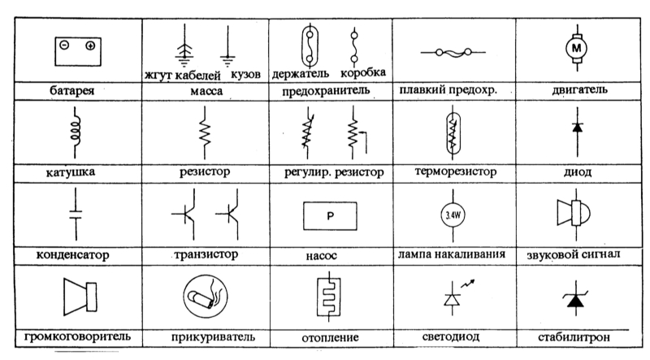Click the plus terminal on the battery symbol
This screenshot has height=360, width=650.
(x=90, y=46)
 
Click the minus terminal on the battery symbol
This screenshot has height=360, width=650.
(x=64, y=45)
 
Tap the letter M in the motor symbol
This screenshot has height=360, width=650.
(x=577, y=48)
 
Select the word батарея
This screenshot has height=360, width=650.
(x=71, y=90)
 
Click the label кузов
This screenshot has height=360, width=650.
(x=245, y=74)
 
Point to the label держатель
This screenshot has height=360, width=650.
(x=300, y=74)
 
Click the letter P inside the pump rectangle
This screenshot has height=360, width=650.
(x=331, y=215)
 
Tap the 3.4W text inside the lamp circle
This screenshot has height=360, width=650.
(x=453, y=215)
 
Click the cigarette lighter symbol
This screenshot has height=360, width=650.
(x=206, y=296)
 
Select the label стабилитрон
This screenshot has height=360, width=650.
(x=574, y=336)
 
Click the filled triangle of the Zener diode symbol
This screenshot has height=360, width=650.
(x=575, y=301)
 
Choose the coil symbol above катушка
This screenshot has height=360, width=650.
(x=75, y=132)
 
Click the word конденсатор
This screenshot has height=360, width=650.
(x=72, y=254)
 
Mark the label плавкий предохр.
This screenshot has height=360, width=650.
(x=448, y=89)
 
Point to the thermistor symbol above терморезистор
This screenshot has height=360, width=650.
(x=453, y=132)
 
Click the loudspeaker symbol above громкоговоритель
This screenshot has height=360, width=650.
(x=80, y=297)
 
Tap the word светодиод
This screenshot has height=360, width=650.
(x=451, y=336)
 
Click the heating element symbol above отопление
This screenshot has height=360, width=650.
(x=329, y=297)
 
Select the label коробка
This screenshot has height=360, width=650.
(x=362, y=73)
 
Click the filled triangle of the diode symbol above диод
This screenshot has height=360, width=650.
(x=577, y=128)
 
